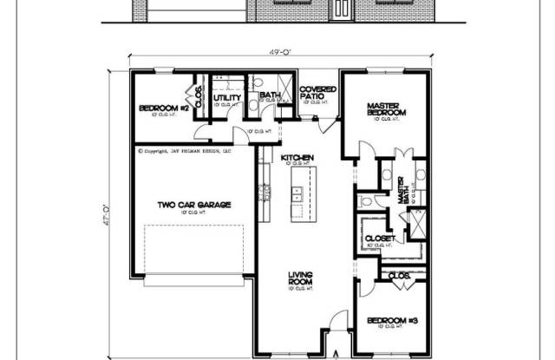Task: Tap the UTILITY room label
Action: coord(226,98)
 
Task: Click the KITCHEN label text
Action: coord(297,157)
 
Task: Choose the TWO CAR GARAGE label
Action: coord(193,205)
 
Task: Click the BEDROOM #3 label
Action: coord(392,319)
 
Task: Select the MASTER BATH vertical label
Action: coord(402,190)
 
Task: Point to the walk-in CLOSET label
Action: coord(380,238)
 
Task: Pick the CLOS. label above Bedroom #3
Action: coord(399,278)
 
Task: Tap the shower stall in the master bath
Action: coord(417,223)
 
